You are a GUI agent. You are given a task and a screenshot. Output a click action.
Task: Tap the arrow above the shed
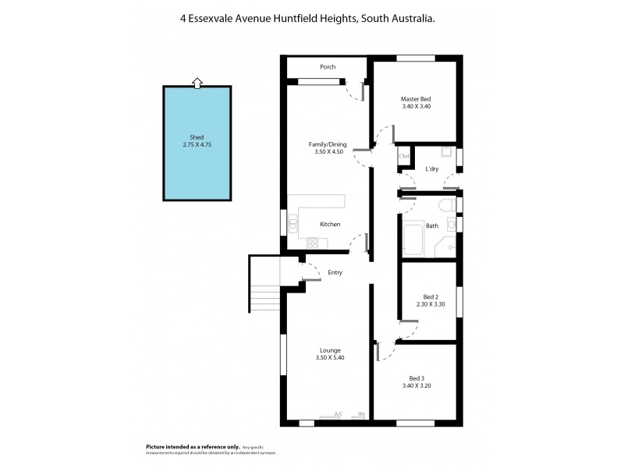coord(197,81)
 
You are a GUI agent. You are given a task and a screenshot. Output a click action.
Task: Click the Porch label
coord(328,67)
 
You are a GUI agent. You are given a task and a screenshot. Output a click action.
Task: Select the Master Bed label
coord(416,99)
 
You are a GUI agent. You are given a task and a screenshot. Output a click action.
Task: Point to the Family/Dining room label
coord(328,144)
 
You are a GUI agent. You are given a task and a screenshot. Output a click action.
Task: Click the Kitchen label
coord(330,225)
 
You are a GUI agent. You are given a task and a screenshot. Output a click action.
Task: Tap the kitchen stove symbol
coord(313,243)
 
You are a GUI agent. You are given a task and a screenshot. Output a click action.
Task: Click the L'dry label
coord(431,169)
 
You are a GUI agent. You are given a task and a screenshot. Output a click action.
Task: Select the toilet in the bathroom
coord(445,206)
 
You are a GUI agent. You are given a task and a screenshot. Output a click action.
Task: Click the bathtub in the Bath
coord(413,239)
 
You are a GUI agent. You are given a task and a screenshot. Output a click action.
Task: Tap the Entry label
coord(335,272)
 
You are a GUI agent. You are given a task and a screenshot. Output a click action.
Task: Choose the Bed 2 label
coord(431,297)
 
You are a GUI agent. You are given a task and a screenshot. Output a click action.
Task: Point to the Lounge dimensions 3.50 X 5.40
coord(329,357)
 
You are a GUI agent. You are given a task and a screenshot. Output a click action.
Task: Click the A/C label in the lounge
coord(339,414)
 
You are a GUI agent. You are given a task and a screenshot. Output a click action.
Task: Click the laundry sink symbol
coord(446,152)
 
